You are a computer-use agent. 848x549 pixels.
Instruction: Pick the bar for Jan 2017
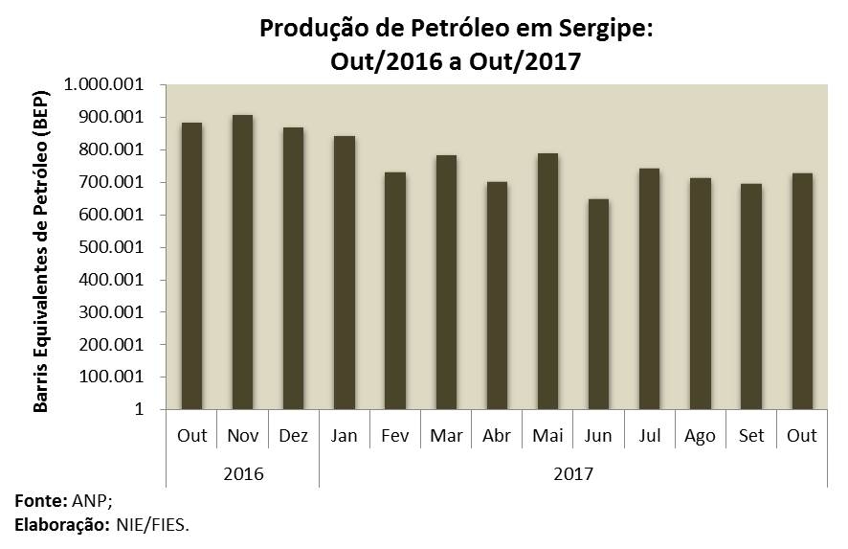click(x=344, y=272)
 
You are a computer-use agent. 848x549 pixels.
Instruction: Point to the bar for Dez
click(x=293, y=268)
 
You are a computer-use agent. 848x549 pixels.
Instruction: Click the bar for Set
click(x=751, y=296)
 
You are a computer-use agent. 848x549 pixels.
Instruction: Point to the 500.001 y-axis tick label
click(x=116, y=247)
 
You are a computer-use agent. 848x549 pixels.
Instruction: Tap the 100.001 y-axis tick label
click(x=116, y=377)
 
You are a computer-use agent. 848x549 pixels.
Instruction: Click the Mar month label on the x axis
click(x=446, y=435)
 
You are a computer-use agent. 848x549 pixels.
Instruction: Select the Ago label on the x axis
click(x=700, y=435)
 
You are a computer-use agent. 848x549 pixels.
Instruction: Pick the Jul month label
click(x=649, y=435)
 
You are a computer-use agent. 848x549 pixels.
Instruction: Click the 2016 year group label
click(x=242, y=473)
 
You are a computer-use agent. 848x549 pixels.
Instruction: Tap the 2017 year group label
click(x=572, y=473)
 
